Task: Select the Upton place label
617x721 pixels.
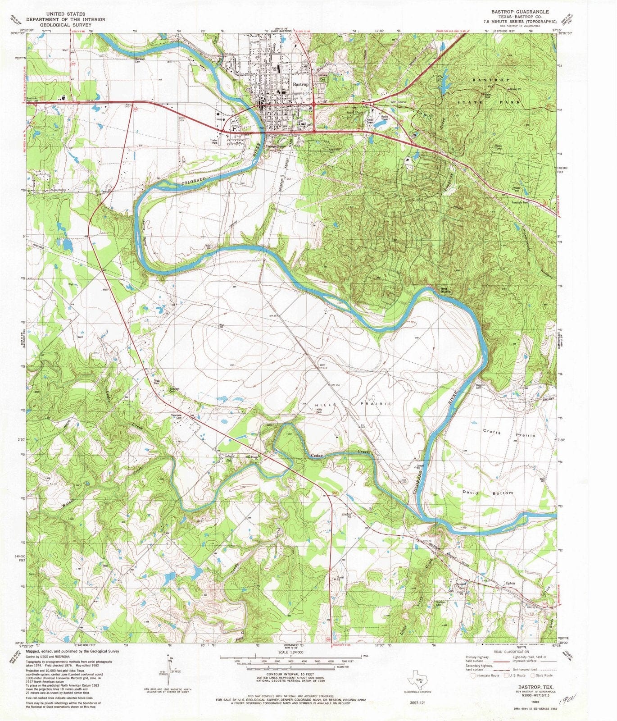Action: pos(510,583)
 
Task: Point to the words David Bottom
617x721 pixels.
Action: pos(488,493)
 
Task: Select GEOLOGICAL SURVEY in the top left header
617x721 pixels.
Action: pos(65,25)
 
